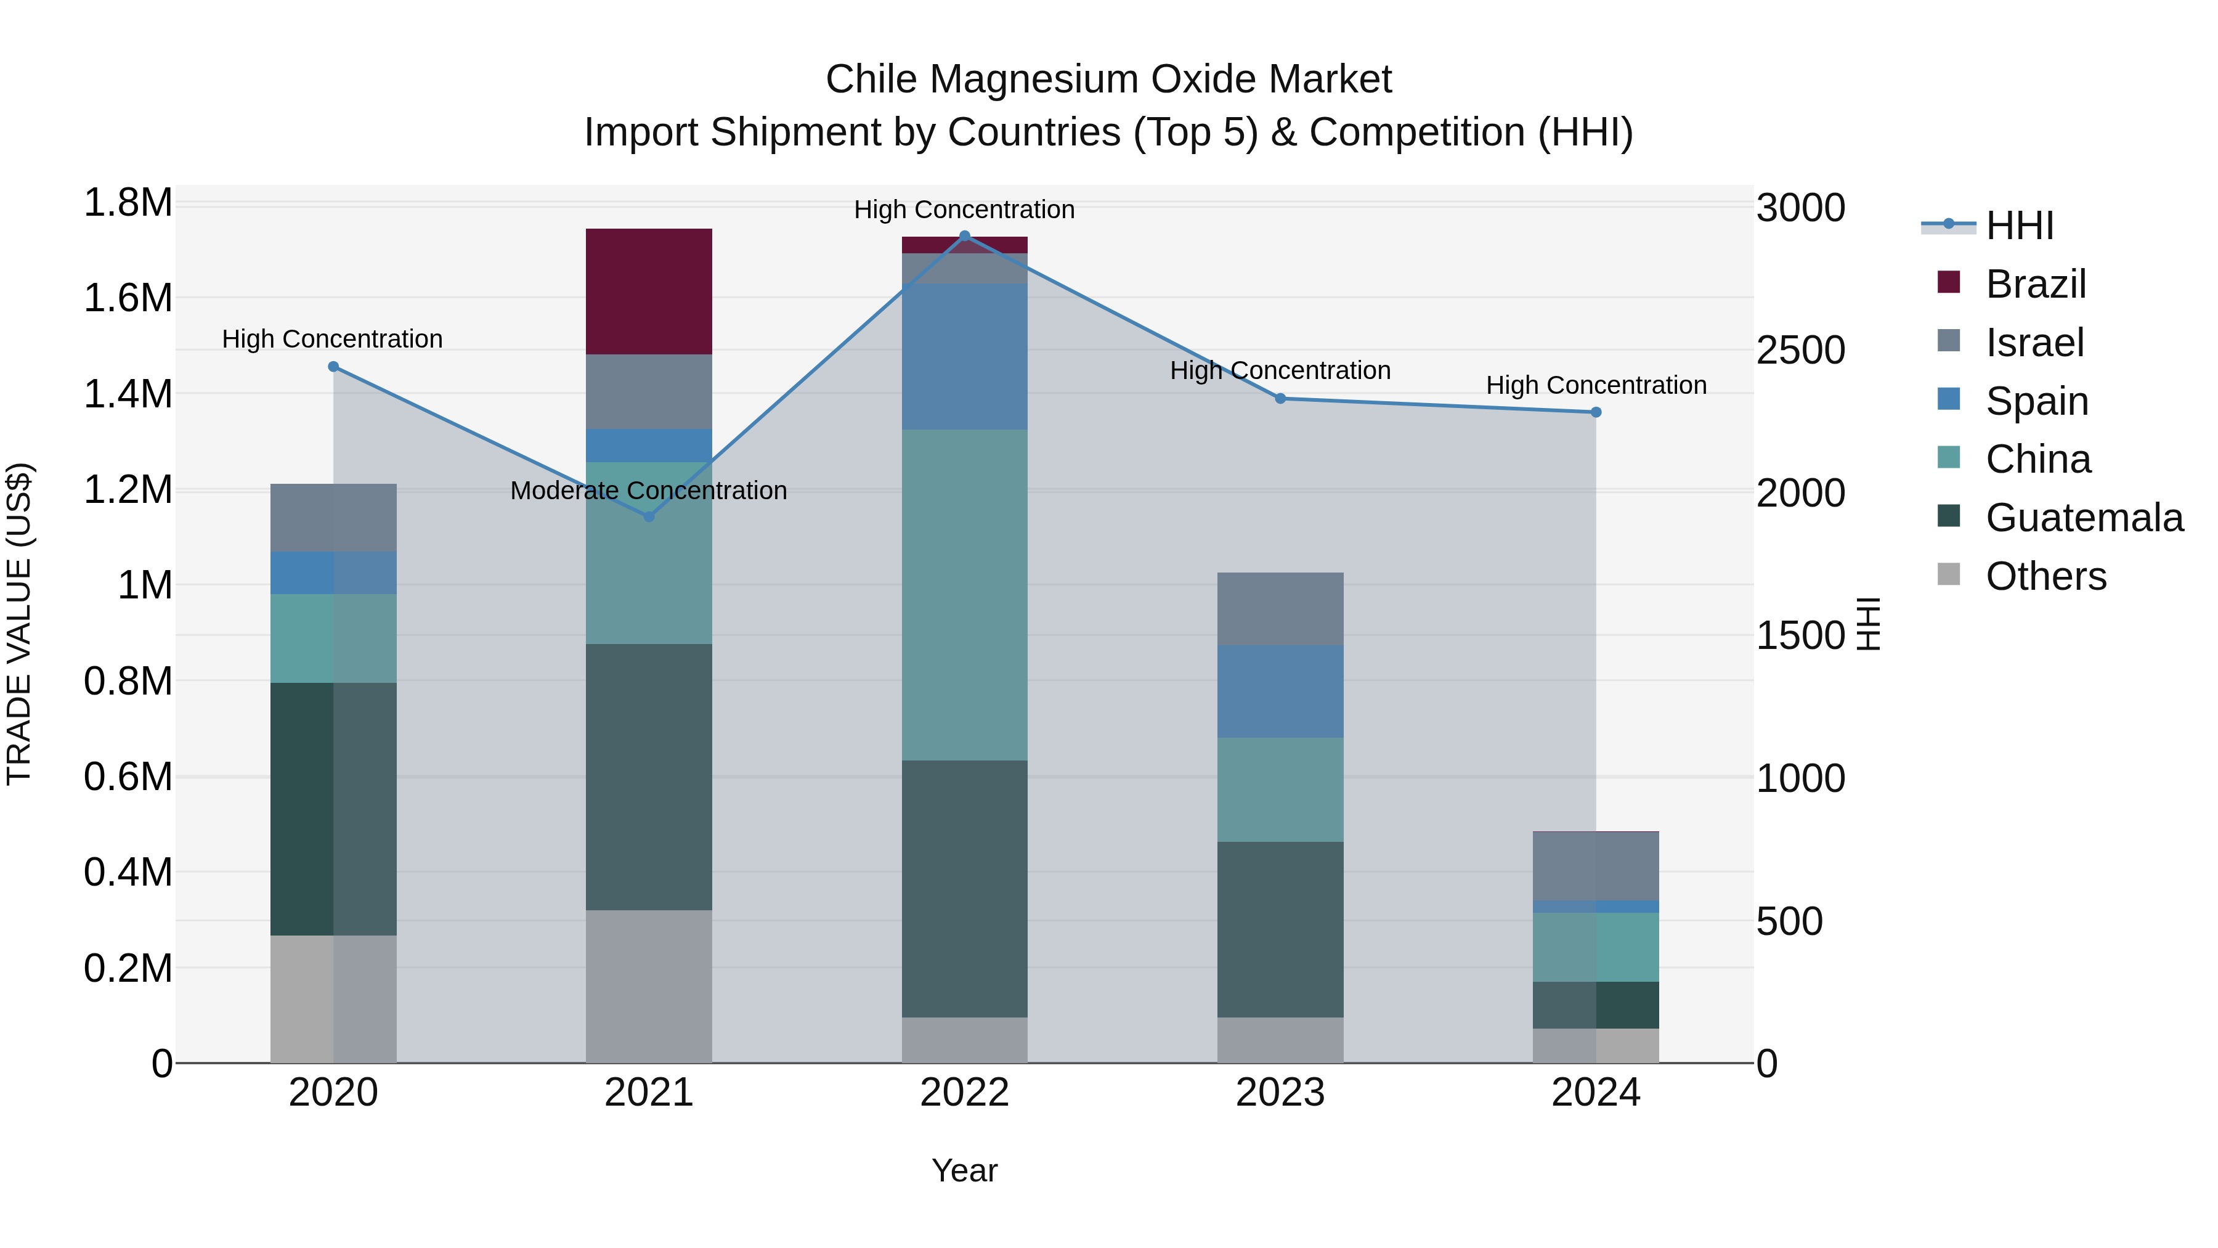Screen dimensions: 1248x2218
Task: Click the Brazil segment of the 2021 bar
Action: click(x=648, y=291)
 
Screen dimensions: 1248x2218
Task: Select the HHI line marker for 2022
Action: click(x=964, y=236)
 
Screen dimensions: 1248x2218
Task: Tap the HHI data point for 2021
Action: click(x=649, y=517)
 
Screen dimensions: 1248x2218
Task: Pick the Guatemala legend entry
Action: click(x=2084, y=518)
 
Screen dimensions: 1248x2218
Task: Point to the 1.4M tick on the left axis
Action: click(x=128, y=394)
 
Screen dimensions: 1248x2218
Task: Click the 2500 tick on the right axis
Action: click(x=1800, y=351)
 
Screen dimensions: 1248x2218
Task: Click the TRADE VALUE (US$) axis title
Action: click(x=20, y=624)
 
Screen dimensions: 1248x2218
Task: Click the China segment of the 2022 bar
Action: click(x=964, y=594)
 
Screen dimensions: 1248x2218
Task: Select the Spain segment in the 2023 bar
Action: click(x=1280, y=691)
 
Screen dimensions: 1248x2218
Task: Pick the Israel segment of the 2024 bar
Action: click(x=1596, y=866)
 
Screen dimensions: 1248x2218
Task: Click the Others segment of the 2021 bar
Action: click(x=648, y=986)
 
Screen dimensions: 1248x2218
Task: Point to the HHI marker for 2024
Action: click(x=1596, y=412)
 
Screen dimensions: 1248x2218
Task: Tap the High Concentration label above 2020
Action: click(x=332, y=340)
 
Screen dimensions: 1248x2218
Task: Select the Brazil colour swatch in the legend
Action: click(x=1949, y=282)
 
